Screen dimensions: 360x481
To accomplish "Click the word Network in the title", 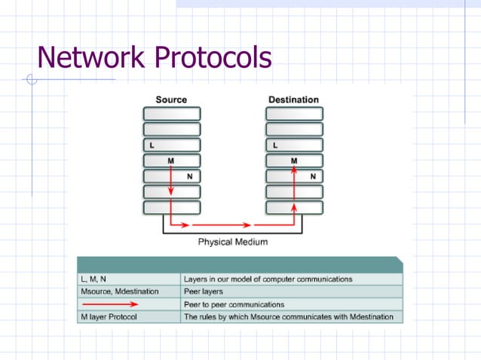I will point(89,57).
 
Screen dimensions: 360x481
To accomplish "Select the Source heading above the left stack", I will point(171,99).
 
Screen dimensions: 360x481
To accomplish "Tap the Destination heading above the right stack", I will point(293,99).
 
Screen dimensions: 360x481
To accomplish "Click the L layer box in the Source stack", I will point(172,145).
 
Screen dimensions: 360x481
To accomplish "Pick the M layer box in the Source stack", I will point(172,160).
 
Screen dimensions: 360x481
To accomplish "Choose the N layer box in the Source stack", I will point(172,176).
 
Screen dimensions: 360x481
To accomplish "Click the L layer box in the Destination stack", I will point(294,145).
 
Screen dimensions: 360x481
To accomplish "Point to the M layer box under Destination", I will point(294,160).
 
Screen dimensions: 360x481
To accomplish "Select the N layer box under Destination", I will point(294,176).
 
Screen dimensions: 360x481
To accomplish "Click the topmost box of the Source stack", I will point(172,113).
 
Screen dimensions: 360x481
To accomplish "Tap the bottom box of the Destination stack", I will point(294,207).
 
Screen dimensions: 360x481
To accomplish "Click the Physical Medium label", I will point(232,243).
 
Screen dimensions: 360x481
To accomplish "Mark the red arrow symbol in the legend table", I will point(109,304).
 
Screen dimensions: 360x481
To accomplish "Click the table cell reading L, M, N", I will point(128,279).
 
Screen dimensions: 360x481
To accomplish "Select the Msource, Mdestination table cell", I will point(128,291).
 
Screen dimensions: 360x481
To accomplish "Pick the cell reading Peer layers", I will point(291,291).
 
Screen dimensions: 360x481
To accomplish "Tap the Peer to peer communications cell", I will point(291,304).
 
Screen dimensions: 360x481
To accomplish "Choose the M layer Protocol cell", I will point(128,317).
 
